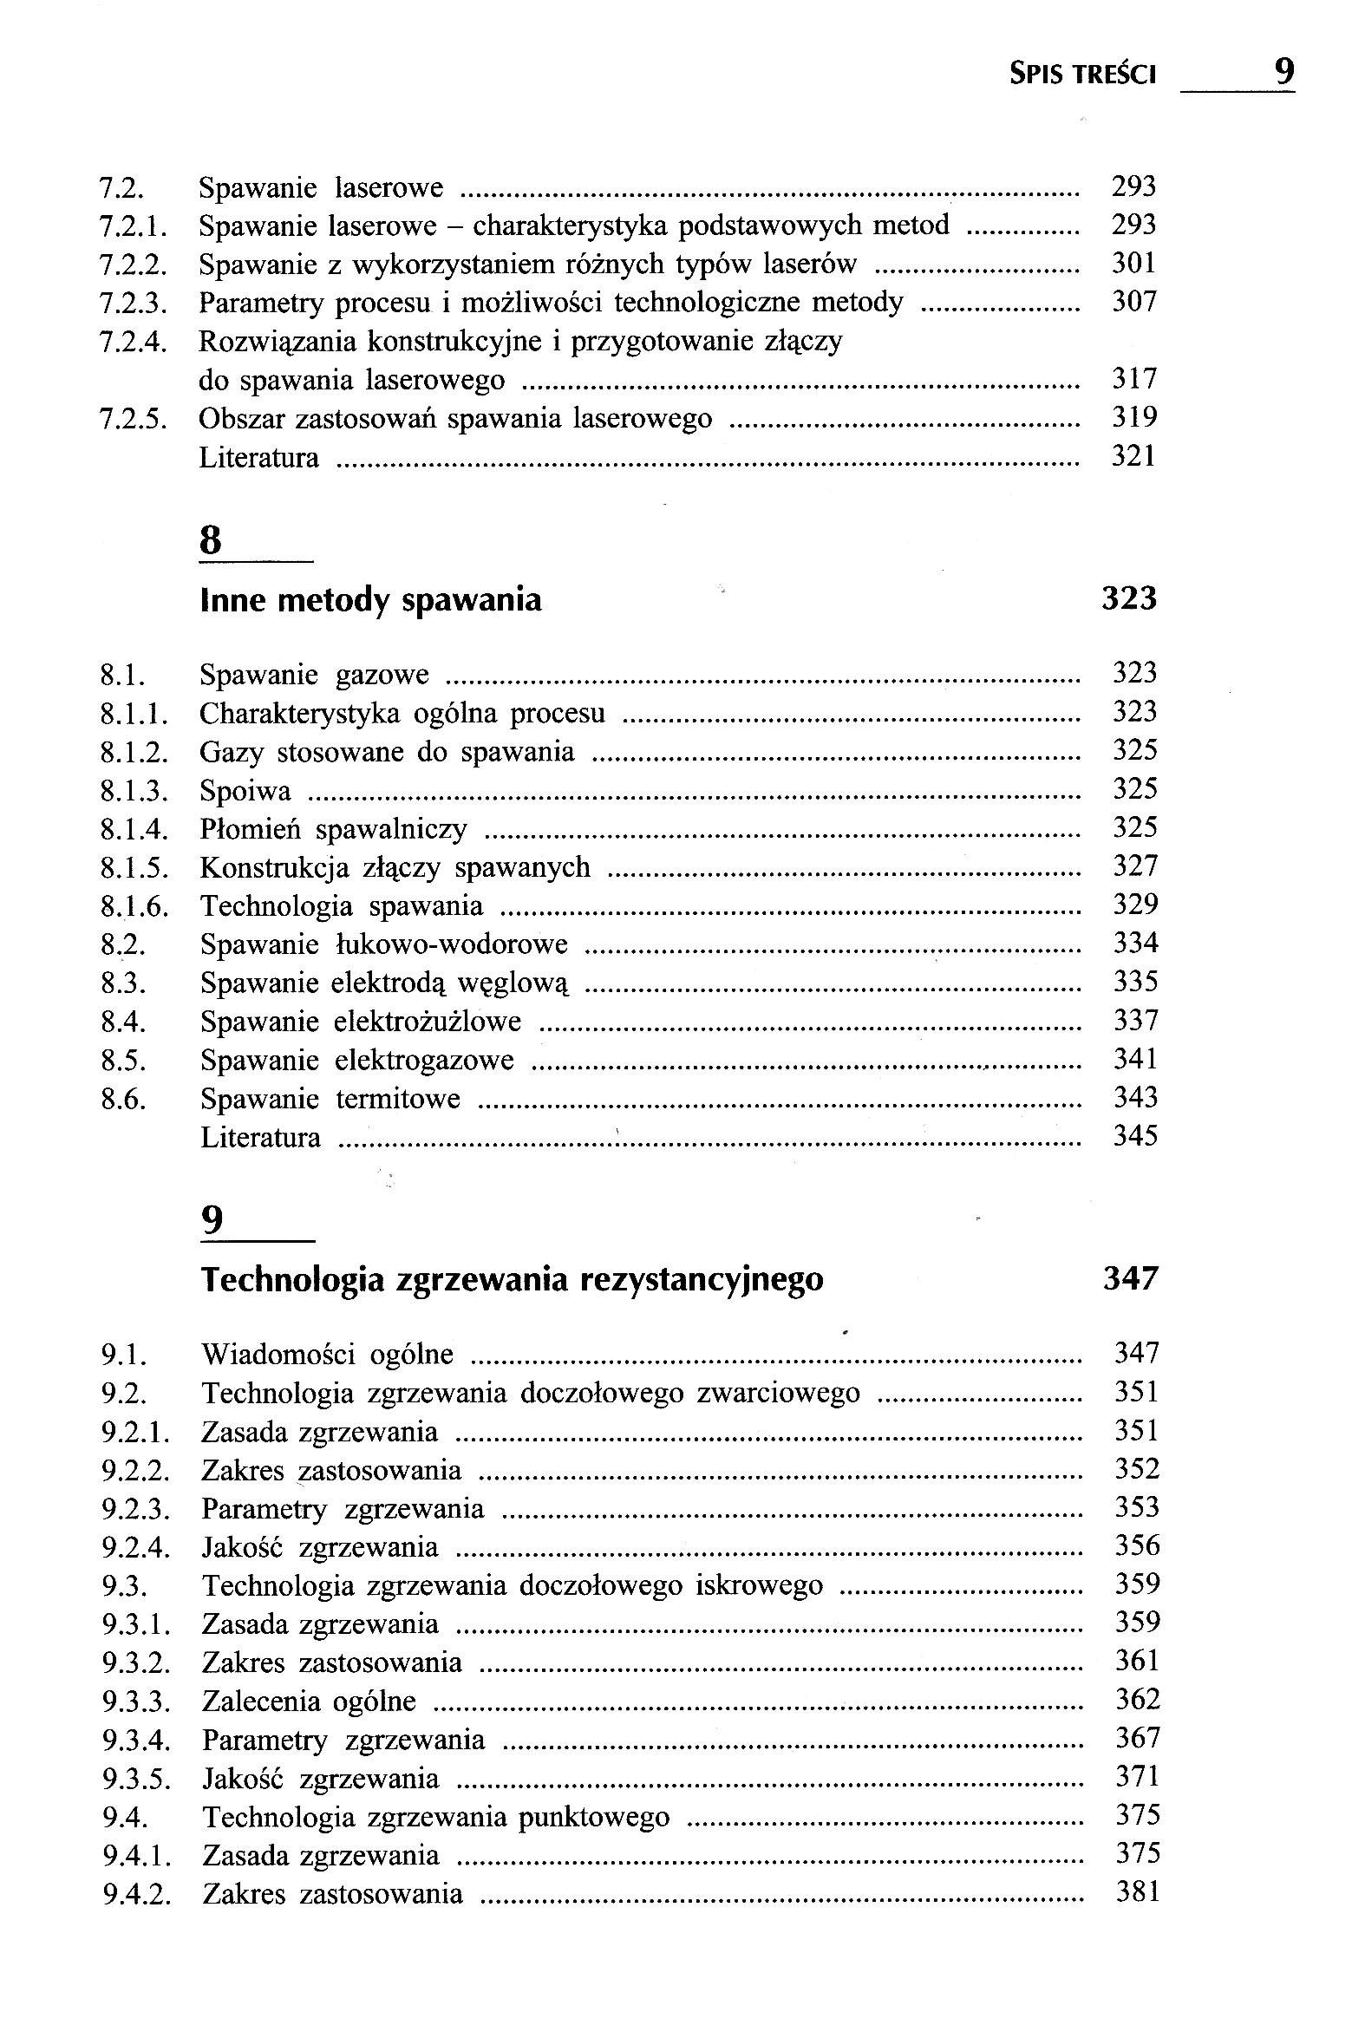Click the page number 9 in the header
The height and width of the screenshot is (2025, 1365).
pyautogui.click(x=1283, y=70)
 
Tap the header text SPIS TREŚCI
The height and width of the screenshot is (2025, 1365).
pyautogui.click(x=1083, y=75)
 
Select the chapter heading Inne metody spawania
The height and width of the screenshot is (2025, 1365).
pyautogui.click(x=371, y=601)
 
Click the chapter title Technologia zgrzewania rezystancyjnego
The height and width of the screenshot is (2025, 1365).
pyautogui.click(x=512, y=1279)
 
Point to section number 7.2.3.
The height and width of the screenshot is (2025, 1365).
pyautogui.click(x=133, y=303)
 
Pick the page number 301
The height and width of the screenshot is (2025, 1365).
pyautogui.click(x=1134, y=263)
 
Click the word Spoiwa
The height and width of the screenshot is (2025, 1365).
pyautogui.click(x=245, y=791)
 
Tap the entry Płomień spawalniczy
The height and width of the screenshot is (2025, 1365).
pyautogui.click(x=333, y=829)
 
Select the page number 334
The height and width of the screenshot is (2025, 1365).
pyautogui.click(x=1135, y=943)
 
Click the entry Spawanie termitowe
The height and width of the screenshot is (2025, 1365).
pyautogui.click(x=330, y=1099)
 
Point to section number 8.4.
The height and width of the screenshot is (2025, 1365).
pyautogui.click(x=123, y=1022)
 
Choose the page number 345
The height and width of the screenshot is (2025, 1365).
pyautogui.click(x=1135, y=1136)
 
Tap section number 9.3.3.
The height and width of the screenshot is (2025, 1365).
pyautogui.click(x=135, y=1702)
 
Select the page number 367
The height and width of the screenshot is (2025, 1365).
pyautogui.click(x=1138, y=1739)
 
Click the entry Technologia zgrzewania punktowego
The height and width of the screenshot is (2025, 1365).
pyautogui.click(x=436, y=1817)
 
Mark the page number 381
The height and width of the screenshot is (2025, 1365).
pyautogui.click(x=1138, y=1892)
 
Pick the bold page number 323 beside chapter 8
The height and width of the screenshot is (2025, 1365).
pyautogui.click(x=1129, y=599)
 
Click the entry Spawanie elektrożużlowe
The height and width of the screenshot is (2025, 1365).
pyautogui.click(x=362, y=1022)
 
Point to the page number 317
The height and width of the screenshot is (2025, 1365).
pyautogui.click(x=1134, y=379)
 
